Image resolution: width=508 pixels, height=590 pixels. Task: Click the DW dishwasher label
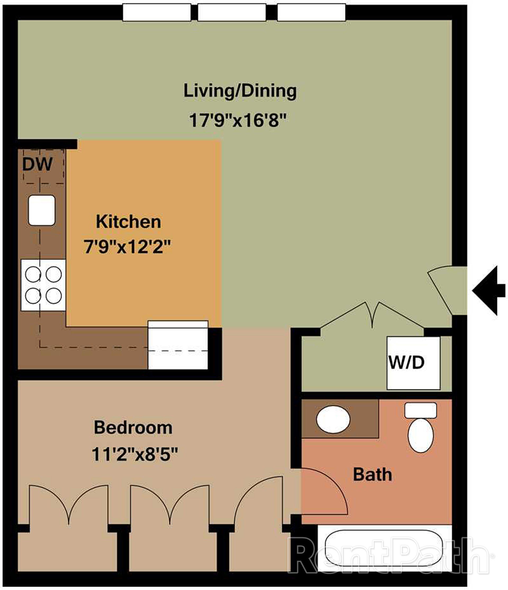[37, 164]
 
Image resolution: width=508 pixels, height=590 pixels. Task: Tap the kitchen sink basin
[42, 210]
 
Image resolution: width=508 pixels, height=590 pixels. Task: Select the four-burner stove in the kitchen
[43, 285]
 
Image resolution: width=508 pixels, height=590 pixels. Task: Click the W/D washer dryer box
[413, 363]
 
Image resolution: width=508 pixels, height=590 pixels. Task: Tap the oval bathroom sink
[333, 420]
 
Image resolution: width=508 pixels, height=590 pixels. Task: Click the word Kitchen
[128, 222]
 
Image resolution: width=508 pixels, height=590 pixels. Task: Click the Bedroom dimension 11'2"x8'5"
[135, 455]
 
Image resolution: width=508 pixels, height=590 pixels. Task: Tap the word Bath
[372, 475]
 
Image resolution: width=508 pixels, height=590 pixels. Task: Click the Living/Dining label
[240, 91]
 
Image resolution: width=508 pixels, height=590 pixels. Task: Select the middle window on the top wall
[232, 12]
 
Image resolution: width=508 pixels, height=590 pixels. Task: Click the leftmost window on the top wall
[157, 12]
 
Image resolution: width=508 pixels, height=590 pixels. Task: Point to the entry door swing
[445, 288]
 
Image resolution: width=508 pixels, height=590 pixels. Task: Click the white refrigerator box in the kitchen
[178, 345]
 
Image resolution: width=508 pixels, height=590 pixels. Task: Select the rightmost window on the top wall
[311, 12]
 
